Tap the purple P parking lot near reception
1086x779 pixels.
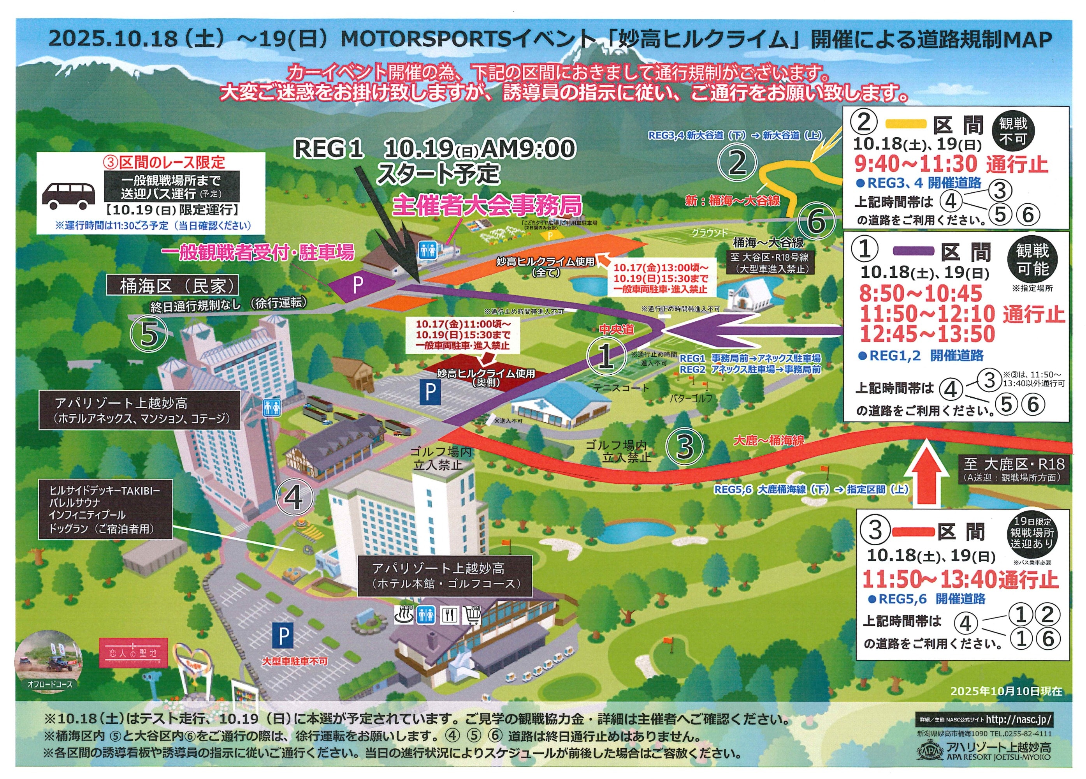pos(358,285)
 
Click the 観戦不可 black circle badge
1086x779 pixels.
pos(1013,131)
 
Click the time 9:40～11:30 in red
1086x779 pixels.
pos(916,164)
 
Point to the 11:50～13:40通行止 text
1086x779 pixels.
pos(959,579)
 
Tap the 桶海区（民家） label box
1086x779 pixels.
pos(172,286)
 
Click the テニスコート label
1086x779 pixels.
pos(620,387)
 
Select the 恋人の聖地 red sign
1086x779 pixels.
pos(134,652)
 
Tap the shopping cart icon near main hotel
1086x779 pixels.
pos(471,615)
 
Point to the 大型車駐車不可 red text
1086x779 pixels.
pos(295,661)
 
